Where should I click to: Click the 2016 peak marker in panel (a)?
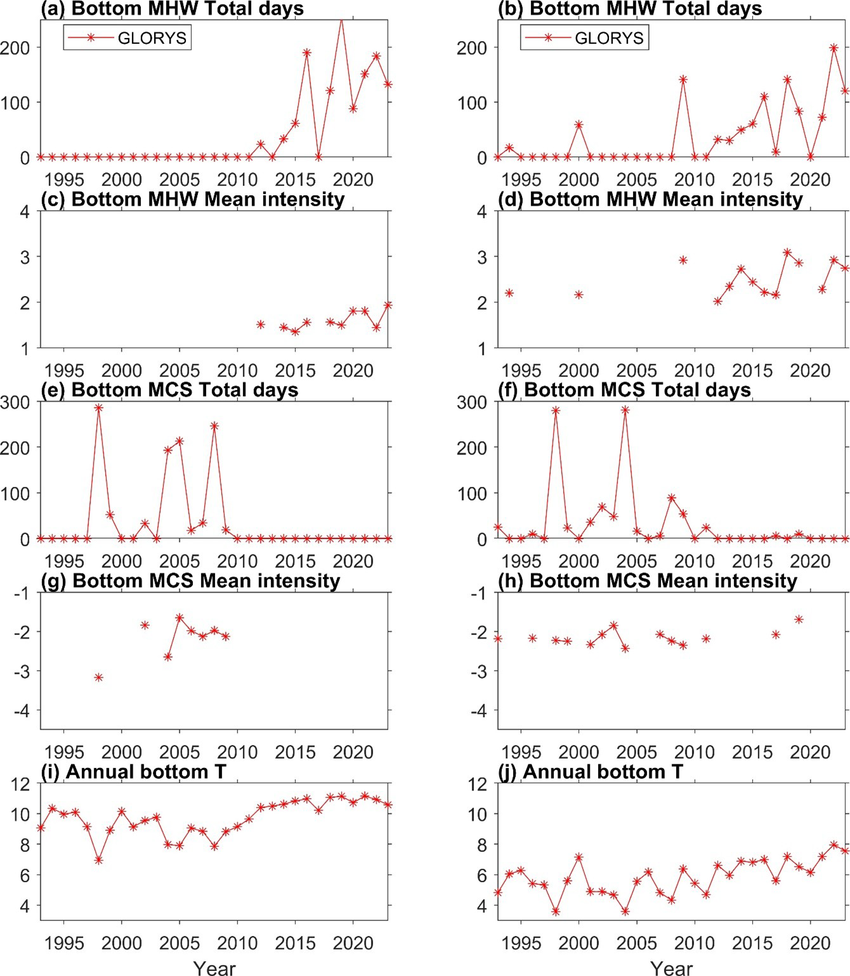[x=307, y=53]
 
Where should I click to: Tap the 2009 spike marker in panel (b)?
[x=683, y=80]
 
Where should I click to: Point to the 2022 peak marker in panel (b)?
[x=834, y=48]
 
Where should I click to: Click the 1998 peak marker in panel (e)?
[x=98, y=408]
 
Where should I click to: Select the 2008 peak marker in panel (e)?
[x=214, y=426]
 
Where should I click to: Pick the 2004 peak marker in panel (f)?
[x=625, y=410]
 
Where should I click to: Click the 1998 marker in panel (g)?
[x=98, y=677]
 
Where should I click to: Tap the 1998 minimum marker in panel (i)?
[x=98, y=860]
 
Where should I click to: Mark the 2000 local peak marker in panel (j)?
[x=579, y=857]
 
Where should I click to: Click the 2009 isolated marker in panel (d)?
[x=683, y=260]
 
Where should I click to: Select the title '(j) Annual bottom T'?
[x=603, y=771]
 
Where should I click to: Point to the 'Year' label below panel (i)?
[x=214, y=968]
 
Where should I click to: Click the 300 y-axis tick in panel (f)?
[x=473, y=402]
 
